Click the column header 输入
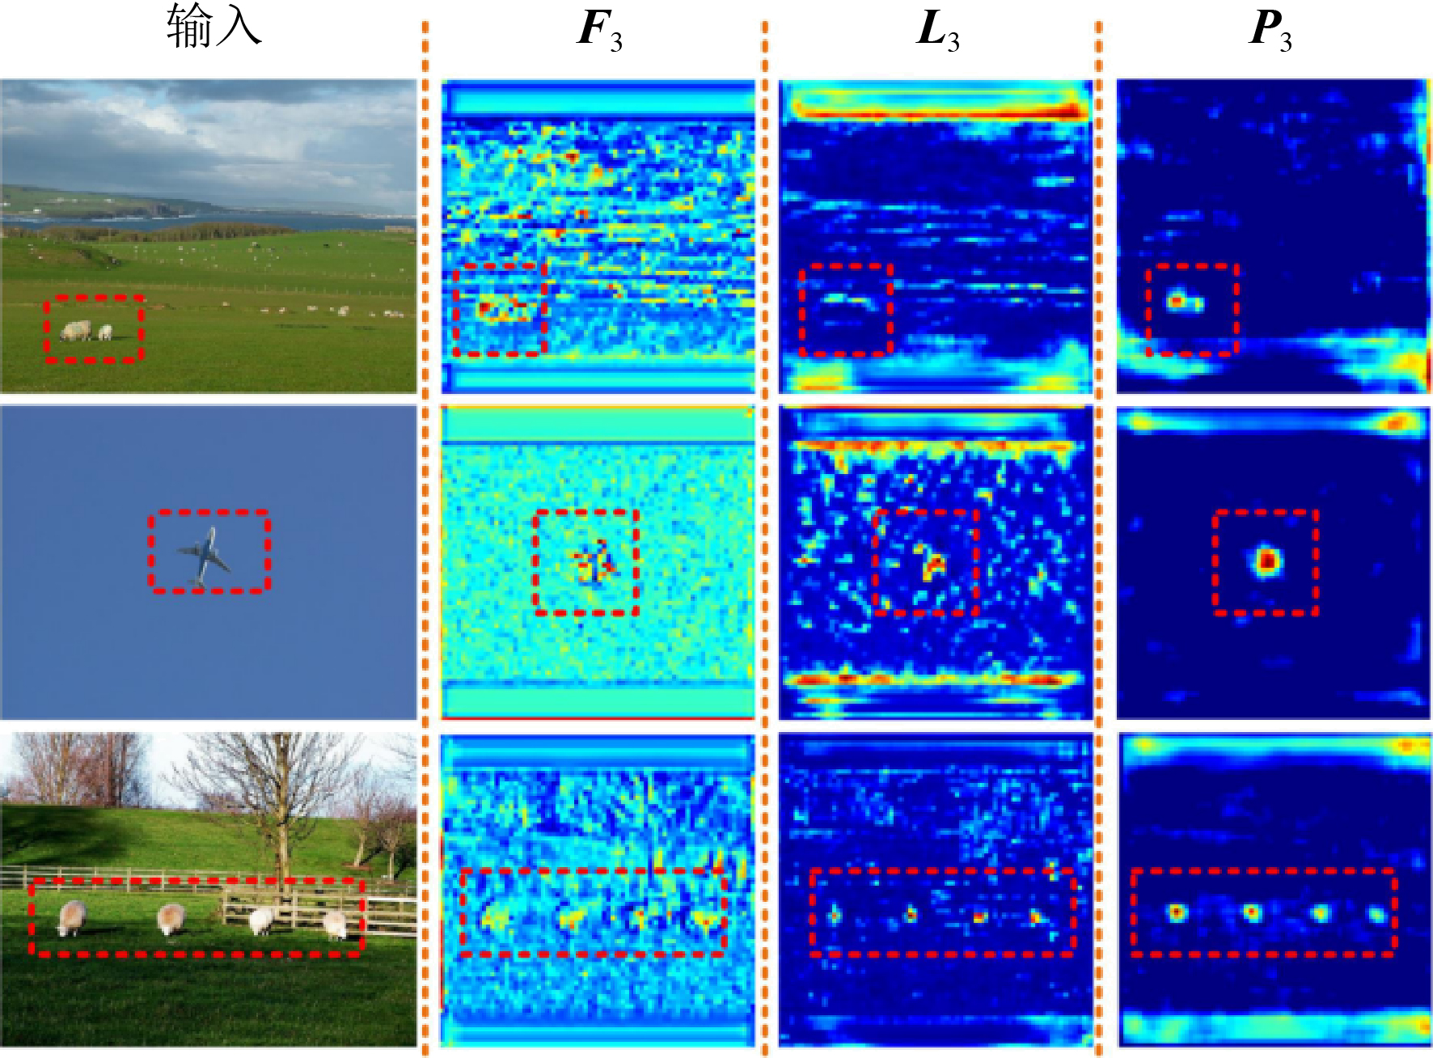click(x=213, y=28)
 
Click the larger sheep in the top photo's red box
click(x=76, y=330)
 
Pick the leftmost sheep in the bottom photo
click(x=71, y=917)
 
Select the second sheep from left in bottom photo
click(x=171, y=918)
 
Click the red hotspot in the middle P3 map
click(x=1267, y=560)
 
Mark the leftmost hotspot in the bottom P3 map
click(x=1177, y=912)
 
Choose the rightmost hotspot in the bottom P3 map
click(x=1376, y=915)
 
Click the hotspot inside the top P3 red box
click(x=1177, y=302)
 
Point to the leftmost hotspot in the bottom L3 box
click(x=834, y=915)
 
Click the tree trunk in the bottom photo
click(x=282, y=841)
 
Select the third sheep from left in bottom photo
click(x=261, y=920)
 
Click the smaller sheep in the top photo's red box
click(x=105, y=332)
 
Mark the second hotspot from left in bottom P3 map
click(x=1252, y=913)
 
